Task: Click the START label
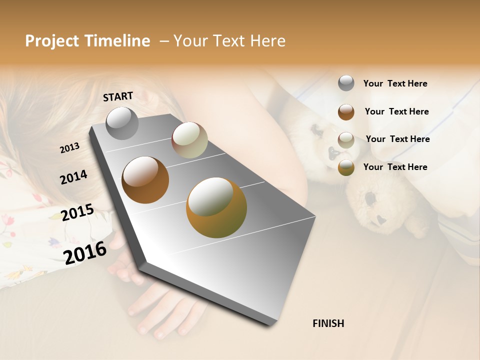pos(118,96)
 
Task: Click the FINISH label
pos(328,323)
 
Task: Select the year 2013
pos(70,148)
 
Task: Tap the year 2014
pos(73,177)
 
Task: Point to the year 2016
pos(85,252)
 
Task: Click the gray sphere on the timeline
pos(122,123)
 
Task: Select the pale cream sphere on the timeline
pos(189,140)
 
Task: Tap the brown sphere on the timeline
pos(145,180)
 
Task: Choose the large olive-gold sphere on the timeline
pos(216,207)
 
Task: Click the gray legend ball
pos(346,83)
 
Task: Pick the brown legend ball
pos(346,112)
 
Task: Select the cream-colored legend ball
pos(346,139)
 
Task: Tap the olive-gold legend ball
pos(346,167)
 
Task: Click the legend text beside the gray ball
pos(395,83)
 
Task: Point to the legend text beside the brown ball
pos(396,111)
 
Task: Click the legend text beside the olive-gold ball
pos(395,167)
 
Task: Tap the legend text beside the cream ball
pos(397,139)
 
